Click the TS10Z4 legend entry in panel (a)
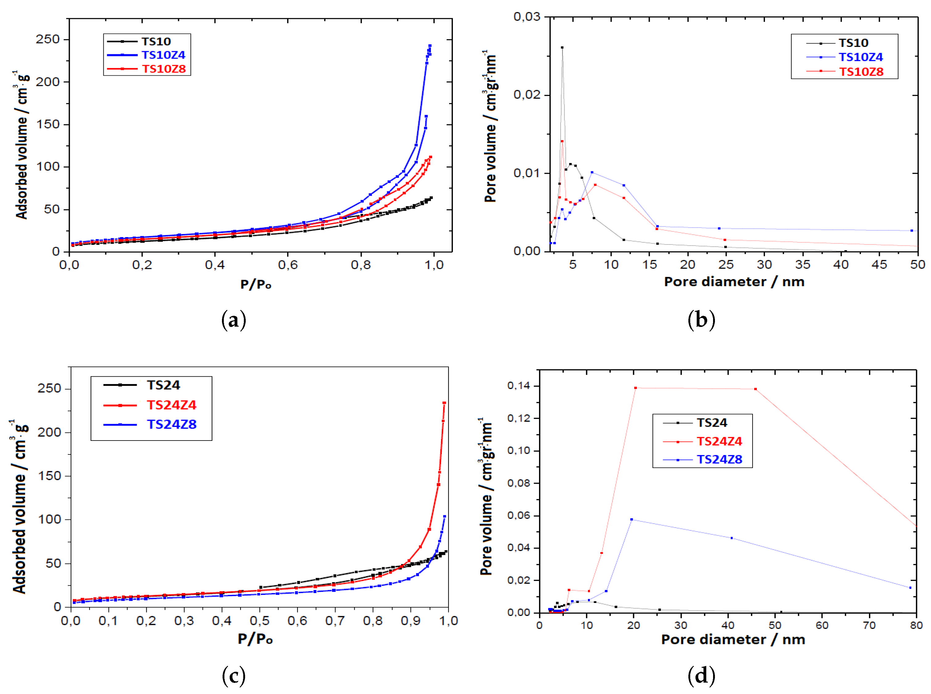tap(163, 55)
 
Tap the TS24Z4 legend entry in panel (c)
tap(171, 405)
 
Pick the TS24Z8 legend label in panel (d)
tap(719, 460)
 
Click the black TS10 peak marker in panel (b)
tap(562, 48)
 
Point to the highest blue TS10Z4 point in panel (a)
tap(430, 45)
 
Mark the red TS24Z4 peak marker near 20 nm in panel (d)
tap(635, 388)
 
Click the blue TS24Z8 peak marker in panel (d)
tap(631, 520)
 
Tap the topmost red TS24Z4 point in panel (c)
tap(444, 403)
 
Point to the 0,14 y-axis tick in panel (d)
tap(519, 386)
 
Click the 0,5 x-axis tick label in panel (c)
tap(259, 621)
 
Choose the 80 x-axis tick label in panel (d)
tap(916, 625)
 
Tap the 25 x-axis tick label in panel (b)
tap(726, 265)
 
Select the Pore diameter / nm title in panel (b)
tap(734, 282)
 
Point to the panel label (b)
tap(701, 320)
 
